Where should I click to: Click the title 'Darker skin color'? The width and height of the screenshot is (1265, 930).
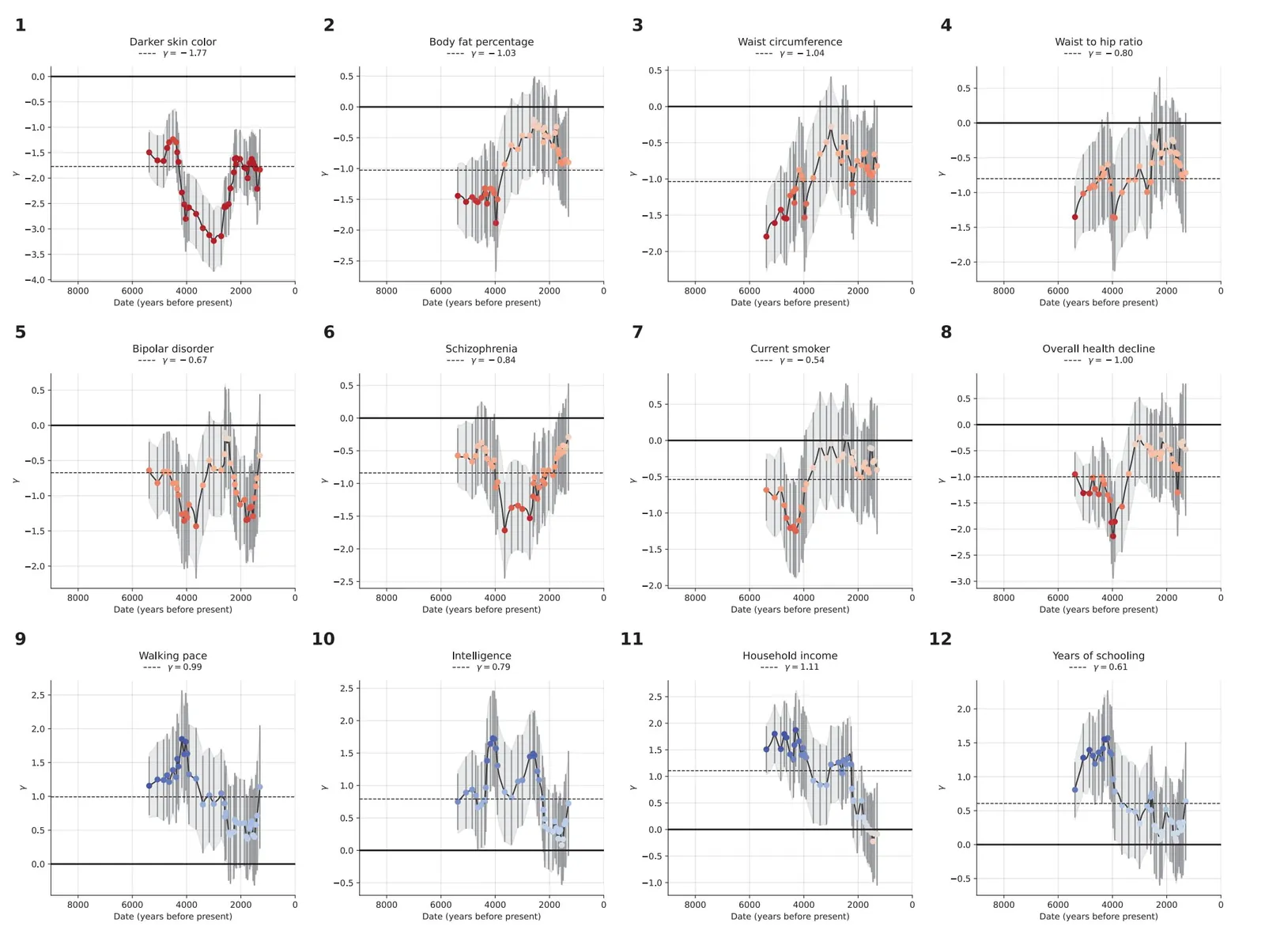(172, 42)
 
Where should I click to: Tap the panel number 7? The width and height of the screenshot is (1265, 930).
(637, 332)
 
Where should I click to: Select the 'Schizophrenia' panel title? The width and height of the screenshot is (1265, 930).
(481, 349)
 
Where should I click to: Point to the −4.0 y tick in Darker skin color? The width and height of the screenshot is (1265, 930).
(37, 280)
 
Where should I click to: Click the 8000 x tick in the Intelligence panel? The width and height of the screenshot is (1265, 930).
(387, 905)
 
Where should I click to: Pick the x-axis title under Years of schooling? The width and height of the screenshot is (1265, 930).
(1098, 917)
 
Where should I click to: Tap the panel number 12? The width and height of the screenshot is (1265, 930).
(939, 639)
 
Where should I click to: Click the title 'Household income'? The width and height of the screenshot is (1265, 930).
(789, 656)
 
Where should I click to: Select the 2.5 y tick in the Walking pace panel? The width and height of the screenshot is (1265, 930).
(38, 695)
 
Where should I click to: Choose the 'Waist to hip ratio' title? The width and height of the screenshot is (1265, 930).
(1098, 42)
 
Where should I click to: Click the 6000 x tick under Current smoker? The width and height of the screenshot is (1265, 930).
(749, 598)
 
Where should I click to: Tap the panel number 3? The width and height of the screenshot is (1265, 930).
(637, 25)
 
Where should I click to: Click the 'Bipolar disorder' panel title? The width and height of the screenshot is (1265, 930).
(172, 349)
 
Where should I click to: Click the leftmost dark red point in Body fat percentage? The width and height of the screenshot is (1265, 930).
(458, 196)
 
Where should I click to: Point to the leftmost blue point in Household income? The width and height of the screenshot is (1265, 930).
(766, 749)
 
